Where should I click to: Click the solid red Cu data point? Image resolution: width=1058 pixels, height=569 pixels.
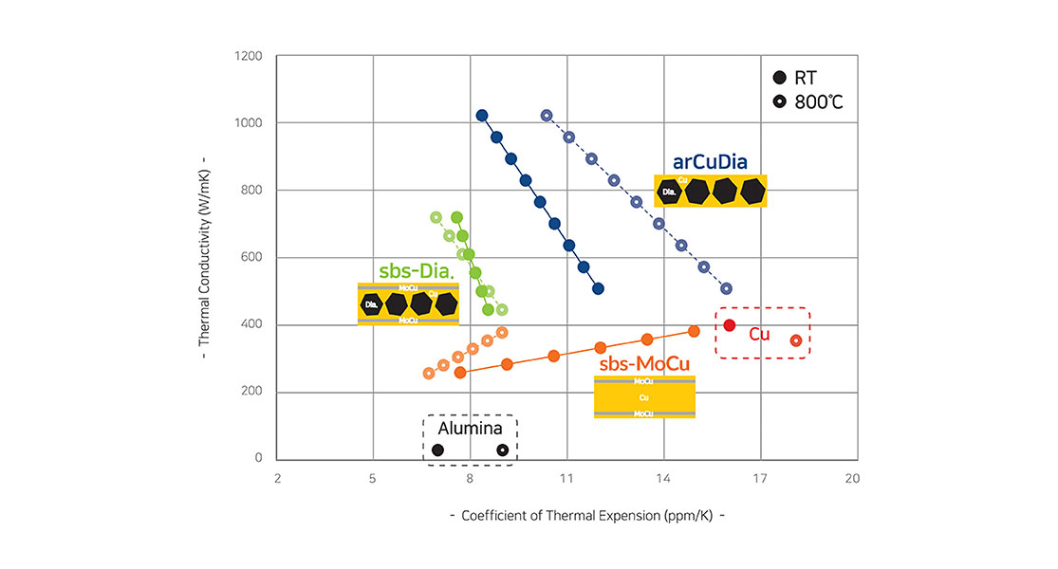(729, 325)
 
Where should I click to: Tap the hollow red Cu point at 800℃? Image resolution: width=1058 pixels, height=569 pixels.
(796, 340)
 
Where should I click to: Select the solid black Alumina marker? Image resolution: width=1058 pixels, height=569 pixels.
(437, 450)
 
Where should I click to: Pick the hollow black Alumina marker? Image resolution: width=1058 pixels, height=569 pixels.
(503, 450)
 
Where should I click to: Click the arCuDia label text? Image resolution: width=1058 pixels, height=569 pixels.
(711, 162)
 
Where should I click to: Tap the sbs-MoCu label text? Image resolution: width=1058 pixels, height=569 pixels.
(643, 363)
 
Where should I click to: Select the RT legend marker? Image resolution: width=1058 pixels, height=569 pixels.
(780, 78)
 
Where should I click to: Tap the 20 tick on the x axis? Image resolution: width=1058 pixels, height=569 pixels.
(852, 478)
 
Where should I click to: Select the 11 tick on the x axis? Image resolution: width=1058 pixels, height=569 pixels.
(566, 478)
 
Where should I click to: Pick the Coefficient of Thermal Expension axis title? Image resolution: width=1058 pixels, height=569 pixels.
(587, 515)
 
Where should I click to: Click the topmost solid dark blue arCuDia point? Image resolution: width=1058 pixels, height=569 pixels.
(482, 116)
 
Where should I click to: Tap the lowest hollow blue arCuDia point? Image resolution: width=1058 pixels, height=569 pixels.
(727, 288)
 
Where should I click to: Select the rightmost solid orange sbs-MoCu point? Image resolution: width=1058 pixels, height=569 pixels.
(694, 331)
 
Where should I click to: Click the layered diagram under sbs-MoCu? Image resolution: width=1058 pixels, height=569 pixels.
(644, 396)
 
